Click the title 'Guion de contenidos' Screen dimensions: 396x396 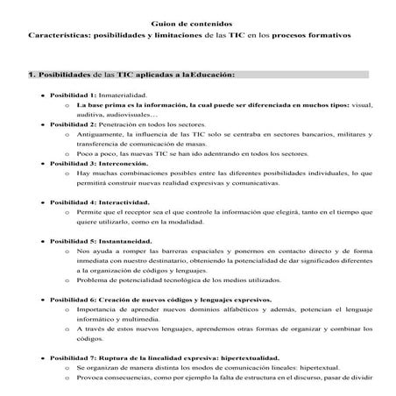click(x=197, y=25)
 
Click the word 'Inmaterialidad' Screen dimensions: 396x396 click(x=123, y=94)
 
